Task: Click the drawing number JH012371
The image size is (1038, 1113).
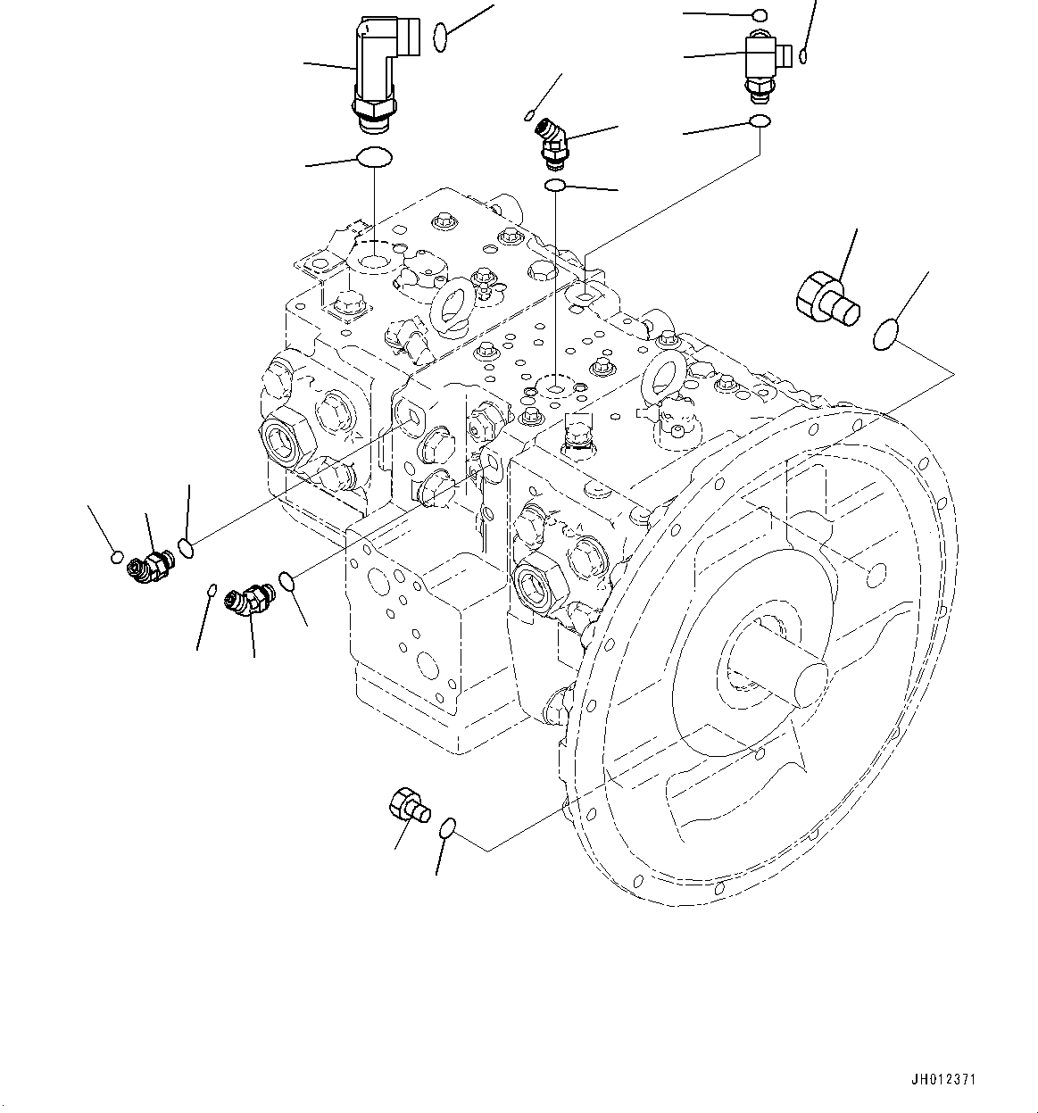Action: point(943,1079)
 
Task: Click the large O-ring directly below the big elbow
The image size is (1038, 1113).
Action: point(374,158)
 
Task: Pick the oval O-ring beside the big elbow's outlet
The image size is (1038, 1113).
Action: point(440,37)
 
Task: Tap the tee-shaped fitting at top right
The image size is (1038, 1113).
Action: point(760,59)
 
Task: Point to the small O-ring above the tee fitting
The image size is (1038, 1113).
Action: point(760,15)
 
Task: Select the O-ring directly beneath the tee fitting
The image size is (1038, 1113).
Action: point(759,121)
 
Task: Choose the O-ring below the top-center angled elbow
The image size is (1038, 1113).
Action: point(554,185)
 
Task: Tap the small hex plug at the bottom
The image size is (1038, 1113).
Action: point(408,805)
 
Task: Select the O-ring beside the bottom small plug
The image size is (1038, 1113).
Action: point(450,829)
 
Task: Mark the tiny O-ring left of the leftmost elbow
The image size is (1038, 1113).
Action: point(117,558)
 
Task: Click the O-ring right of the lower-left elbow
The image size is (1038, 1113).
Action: point(287,581)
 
